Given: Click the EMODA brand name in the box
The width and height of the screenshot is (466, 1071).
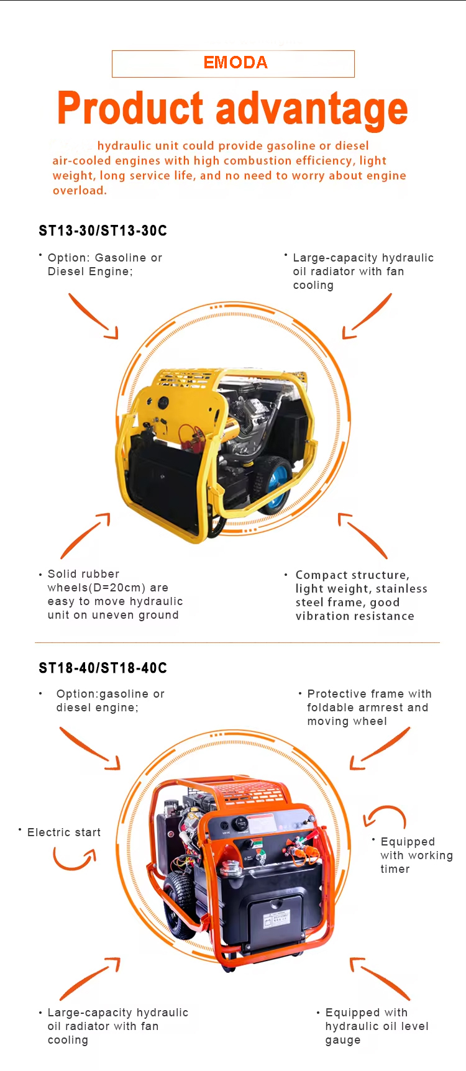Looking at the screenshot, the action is click(235, 63).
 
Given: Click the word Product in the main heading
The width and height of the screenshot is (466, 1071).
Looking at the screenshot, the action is click(130, 109).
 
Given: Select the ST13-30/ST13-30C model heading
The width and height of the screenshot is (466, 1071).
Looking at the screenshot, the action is click(103, 231).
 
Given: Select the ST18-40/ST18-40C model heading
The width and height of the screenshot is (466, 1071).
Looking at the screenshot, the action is click(103, 668).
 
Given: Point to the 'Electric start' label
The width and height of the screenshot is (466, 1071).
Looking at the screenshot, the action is click(64, 832).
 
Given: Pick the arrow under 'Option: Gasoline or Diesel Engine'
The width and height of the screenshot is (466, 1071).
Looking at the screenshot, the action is click(92, 316).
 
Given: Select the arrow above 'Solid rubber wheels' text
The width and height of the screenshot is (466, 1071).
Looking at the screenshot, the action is click(84, 535).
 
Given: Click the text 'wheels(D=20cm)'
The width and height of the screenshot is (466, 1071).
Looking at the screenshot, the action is click(96, 588).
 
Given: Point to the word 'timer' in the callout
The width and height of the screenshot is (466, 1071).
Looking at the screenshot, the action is click(395, 870).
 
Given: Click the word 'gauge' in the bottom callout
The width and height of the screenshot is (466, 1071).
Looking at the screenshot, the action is click(343, 1041).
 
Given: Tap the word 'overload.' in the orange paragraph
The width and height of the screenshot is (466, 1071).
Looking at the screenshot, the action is click(80, 191).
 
